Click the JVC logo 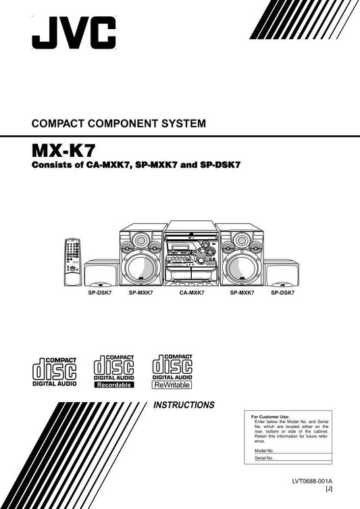(x=74, y=34)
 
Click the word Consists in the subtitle (x=52, y=165)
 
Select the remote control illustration (x=72, y=263)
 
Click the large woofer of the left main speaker (x=140, y=268)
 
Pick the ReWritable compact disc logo (x=172, y=371)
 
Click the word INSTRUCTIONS (x=184, y=406)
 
